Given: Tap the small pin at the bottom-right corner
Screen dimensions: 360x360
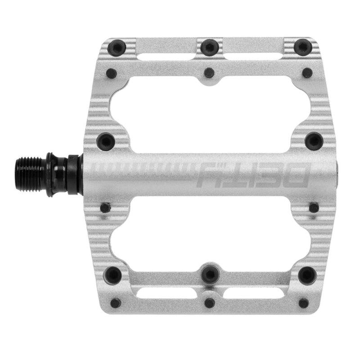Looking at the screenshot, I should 304,302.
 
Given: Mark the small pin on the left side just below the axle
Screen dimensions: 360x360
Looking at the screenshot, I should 105,207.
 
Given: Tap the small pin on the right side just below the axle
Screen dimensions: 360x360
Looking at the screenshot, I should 314,207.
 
